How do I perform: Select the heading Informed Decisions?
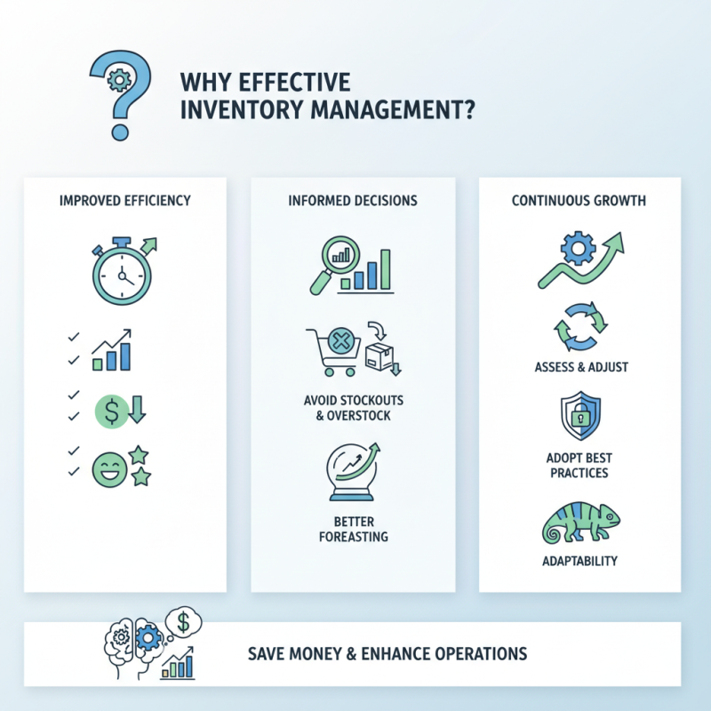click(352, 201)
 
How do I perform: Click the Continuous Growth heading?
click(579, 201)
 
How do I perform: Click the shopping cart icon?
click(330, 349)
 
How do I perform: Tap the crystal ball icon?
click(352, 470)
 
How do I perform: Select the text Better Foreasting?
click(352, 529)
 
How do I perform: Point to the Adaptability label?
click(579, 561)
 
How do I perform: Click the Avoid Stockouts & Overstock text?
click(352, 407)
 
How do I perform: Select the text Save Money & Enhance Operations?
click(387, 654)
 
